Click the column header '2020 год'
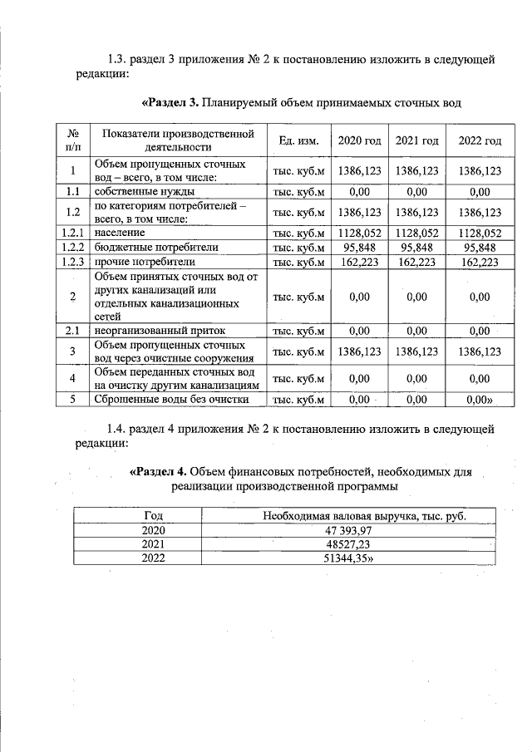click(x=359, y=141)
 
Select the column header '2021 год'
click(x=417, y=141)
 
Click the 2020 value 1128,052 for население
click(x=359, y=233)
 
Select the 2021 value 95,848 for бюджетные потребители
click(x=417, y=248)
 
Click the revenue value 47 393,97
click(x=365, y=530)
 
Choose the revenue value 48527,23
click(x=365, y=544)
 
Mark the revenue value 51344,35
click(x=367, y=558)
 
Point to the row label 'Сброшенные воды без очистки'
click(x=171, y=399)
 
